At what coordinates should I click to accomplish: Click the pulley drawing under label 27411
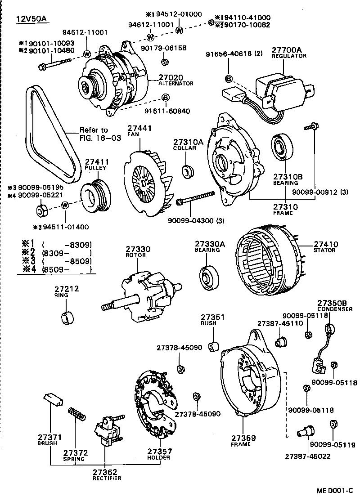pos(95,195)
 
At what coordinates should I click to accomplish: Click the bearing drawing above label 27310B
pos(283,147)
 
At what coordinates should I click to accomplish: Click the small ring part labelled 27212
pos(67,318)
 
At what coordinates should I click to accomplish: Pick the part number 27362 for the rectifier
pos(105,472)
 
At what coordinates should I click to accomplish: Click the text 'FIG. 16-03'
pos(100,138)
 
